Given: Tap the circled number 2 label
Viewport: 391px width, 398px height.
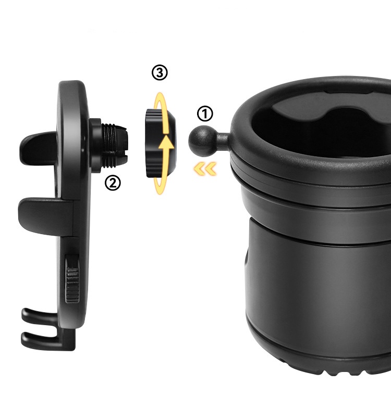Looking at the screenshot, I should click(x=113, y=183).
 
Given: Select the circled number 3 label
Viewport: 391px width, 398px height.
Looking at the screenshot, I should click(x=160, y=73).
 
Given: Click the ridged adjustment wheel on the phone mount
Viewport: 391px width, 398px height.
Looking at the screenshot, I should click(x=72, y=283).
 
